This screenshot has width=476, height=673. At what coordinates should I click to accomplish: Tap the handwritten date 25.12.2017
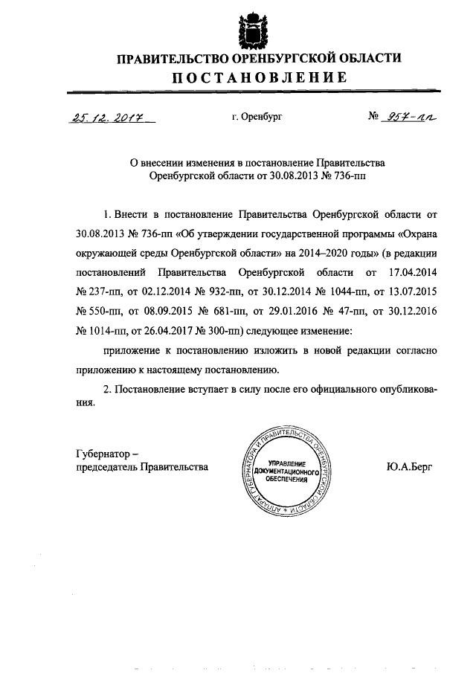coord(109,117)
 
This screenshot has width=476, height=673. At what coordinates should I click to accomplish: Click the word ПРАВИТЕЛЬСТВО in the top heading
coord(164,58)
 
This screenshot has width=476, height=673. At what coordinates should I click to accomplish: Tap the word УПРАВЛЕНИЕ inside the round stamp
coord(286,463)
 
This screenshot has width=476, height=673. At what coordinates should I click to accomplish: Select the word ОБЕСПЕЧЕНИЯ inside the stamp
coord(286,480)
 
